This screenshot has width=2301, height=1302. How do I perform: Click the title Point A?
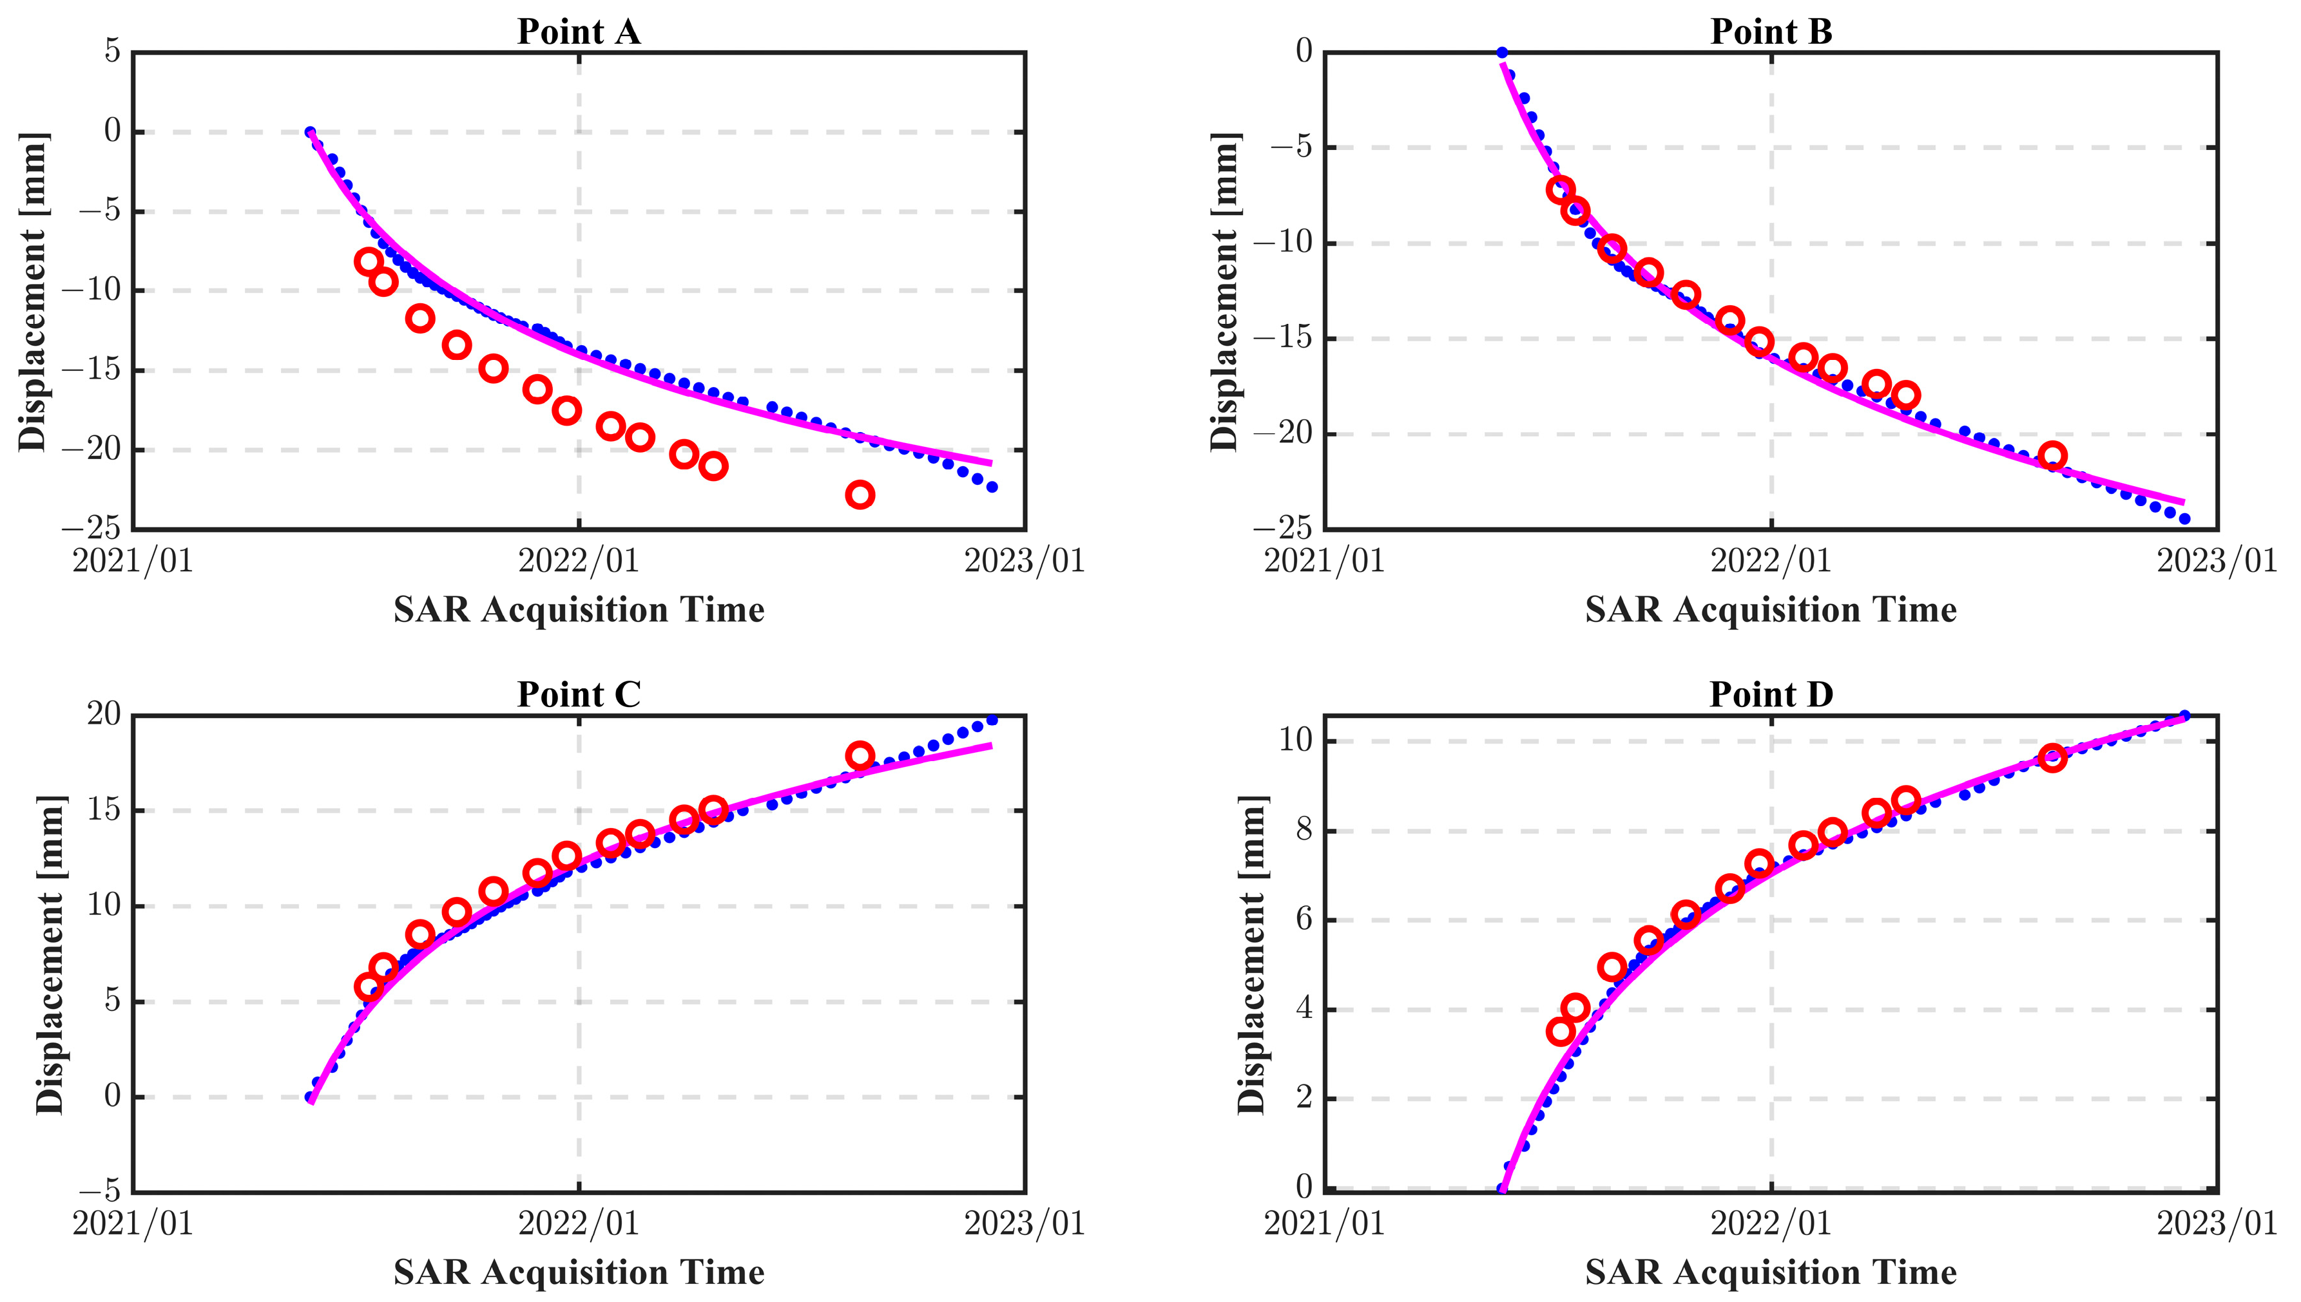coord(578,32)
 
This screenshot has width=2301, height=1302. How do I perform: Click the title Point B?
coord(1771,32)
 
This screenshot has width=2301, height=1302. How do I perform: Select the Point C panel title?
coord(578,695)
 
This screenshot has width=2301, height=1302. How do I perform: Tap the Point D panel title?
coord(1771,695)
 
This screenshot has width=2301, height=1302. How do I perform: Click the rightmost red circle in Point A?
coord(860,495)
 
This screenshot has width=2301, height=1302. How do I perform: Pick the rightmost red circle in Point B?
coord(2052,456)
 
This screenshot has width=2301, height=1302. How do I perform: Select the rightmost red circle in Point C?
coord(860,755)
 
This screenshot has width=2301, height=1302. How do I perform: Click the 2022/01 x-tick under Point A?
coord(578,561)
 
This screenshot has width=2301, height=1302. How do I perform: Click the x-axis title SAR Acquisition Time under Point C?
coord(578,1272)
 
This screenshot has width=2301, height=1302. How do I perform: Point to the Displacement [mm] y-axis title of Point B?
coord(1225,290)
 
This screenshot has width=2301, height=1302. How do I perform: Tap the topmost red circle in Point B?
coord(1560,189)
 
